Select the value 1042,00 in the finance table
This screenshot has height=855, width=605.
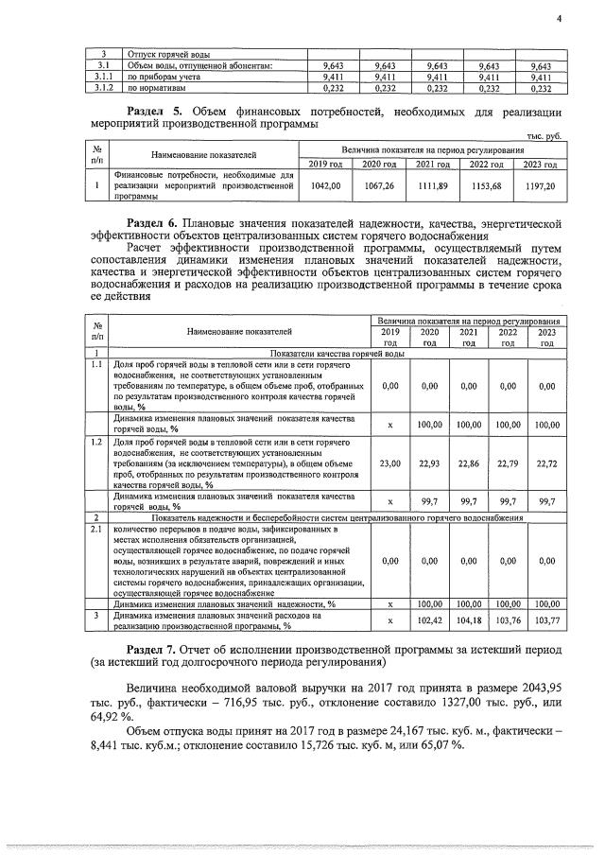[325, 186]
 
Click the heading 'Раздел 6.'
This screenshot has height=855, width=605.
[157, 224]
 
